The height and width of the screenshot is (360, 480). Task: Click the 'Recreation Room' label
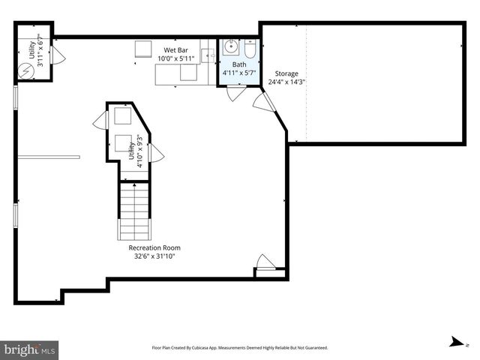pyautogui.click(x=154, y=247)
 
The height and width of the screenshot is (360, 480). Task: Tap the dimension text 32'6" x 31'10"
pyautogui.click(x=154, y=256)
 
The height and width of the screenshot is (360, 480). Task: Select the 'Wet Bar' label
pyautogui.click(x=177, y=49)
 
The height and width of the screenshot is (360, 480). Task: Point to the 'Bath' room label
pyautogui.click(x=238, y=64)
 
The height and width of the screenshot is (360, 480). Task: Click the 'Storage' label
pyautogui.click(x=286, y=73)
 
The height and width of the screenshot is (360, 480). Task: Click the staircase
pyautogui.click(x=135, y=210)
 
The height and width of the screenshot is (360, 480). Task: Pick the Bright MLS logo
pyautogui.click(x=30, y=349)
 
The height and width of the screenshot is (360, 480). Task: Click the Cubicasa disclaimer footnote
pyautogui.click(x=240, y=348)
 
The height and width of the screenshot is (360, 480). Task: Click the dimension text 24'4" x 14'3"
pyautogui.click(x=286, y=82)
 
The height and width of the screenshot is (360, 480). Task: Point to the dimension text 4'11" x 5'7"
pyautogui.click(x=239, y=73)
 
